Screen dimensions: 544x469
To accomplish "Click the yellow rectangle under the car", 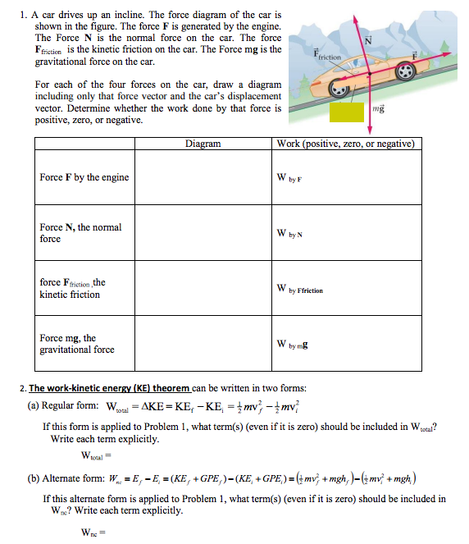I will (348, 112).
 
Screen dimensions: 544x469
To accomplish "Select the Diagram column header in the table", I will (203, 144).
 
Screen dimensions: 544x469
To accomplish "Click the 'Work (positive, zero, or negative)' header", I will (348, 144).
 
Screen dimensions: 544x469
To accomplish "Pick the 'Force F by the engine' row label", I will (84, 177).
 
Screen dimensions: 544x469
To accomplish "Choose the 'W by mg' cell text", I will (294, 344).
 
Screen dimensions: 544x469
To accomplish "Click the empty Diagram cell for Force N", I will (203, 233).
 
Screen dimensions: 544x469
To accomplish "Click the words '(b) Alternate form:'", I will (68, 478).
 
